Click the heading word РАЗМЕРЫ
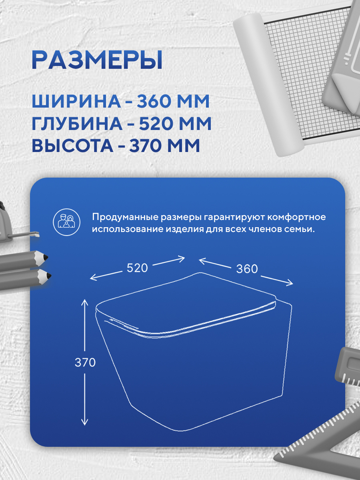[x=97, y=60]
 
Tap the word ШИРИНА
[x=76, y=102]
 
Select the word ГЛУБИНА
[x=77, y=124]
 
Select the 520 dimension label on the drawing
[x=137, y=268]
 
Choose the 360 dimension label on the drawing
[x=247, y=269]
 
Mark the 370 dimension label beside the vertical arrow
[x=85, y=362]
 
